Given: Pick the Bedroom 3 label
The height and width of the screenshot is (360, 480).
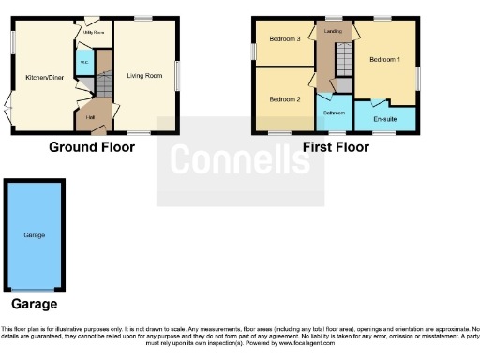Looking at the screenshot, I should pos(284,39).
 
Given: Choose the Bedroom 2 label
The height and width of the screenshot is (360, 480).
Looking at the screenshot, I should pos(284,99).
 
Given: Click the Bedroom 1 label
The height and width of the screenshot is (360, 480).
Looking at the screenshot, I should pos(384,59).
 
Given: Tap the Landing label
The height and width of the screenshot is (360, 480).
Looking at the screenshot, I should pos(333,32).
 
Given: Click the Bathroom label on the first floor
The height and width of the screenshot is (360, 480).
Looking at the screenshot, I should pos(334,112).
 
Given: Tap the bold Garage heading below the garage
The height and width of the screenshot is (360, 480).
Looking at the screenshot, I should pos(34,304).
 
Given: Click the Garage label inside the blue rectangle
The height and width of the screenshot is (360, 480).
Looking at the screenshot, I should pos(34,234).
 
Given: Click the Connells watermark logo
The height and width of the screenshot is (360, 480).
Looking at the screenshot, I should pos(240,161).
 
